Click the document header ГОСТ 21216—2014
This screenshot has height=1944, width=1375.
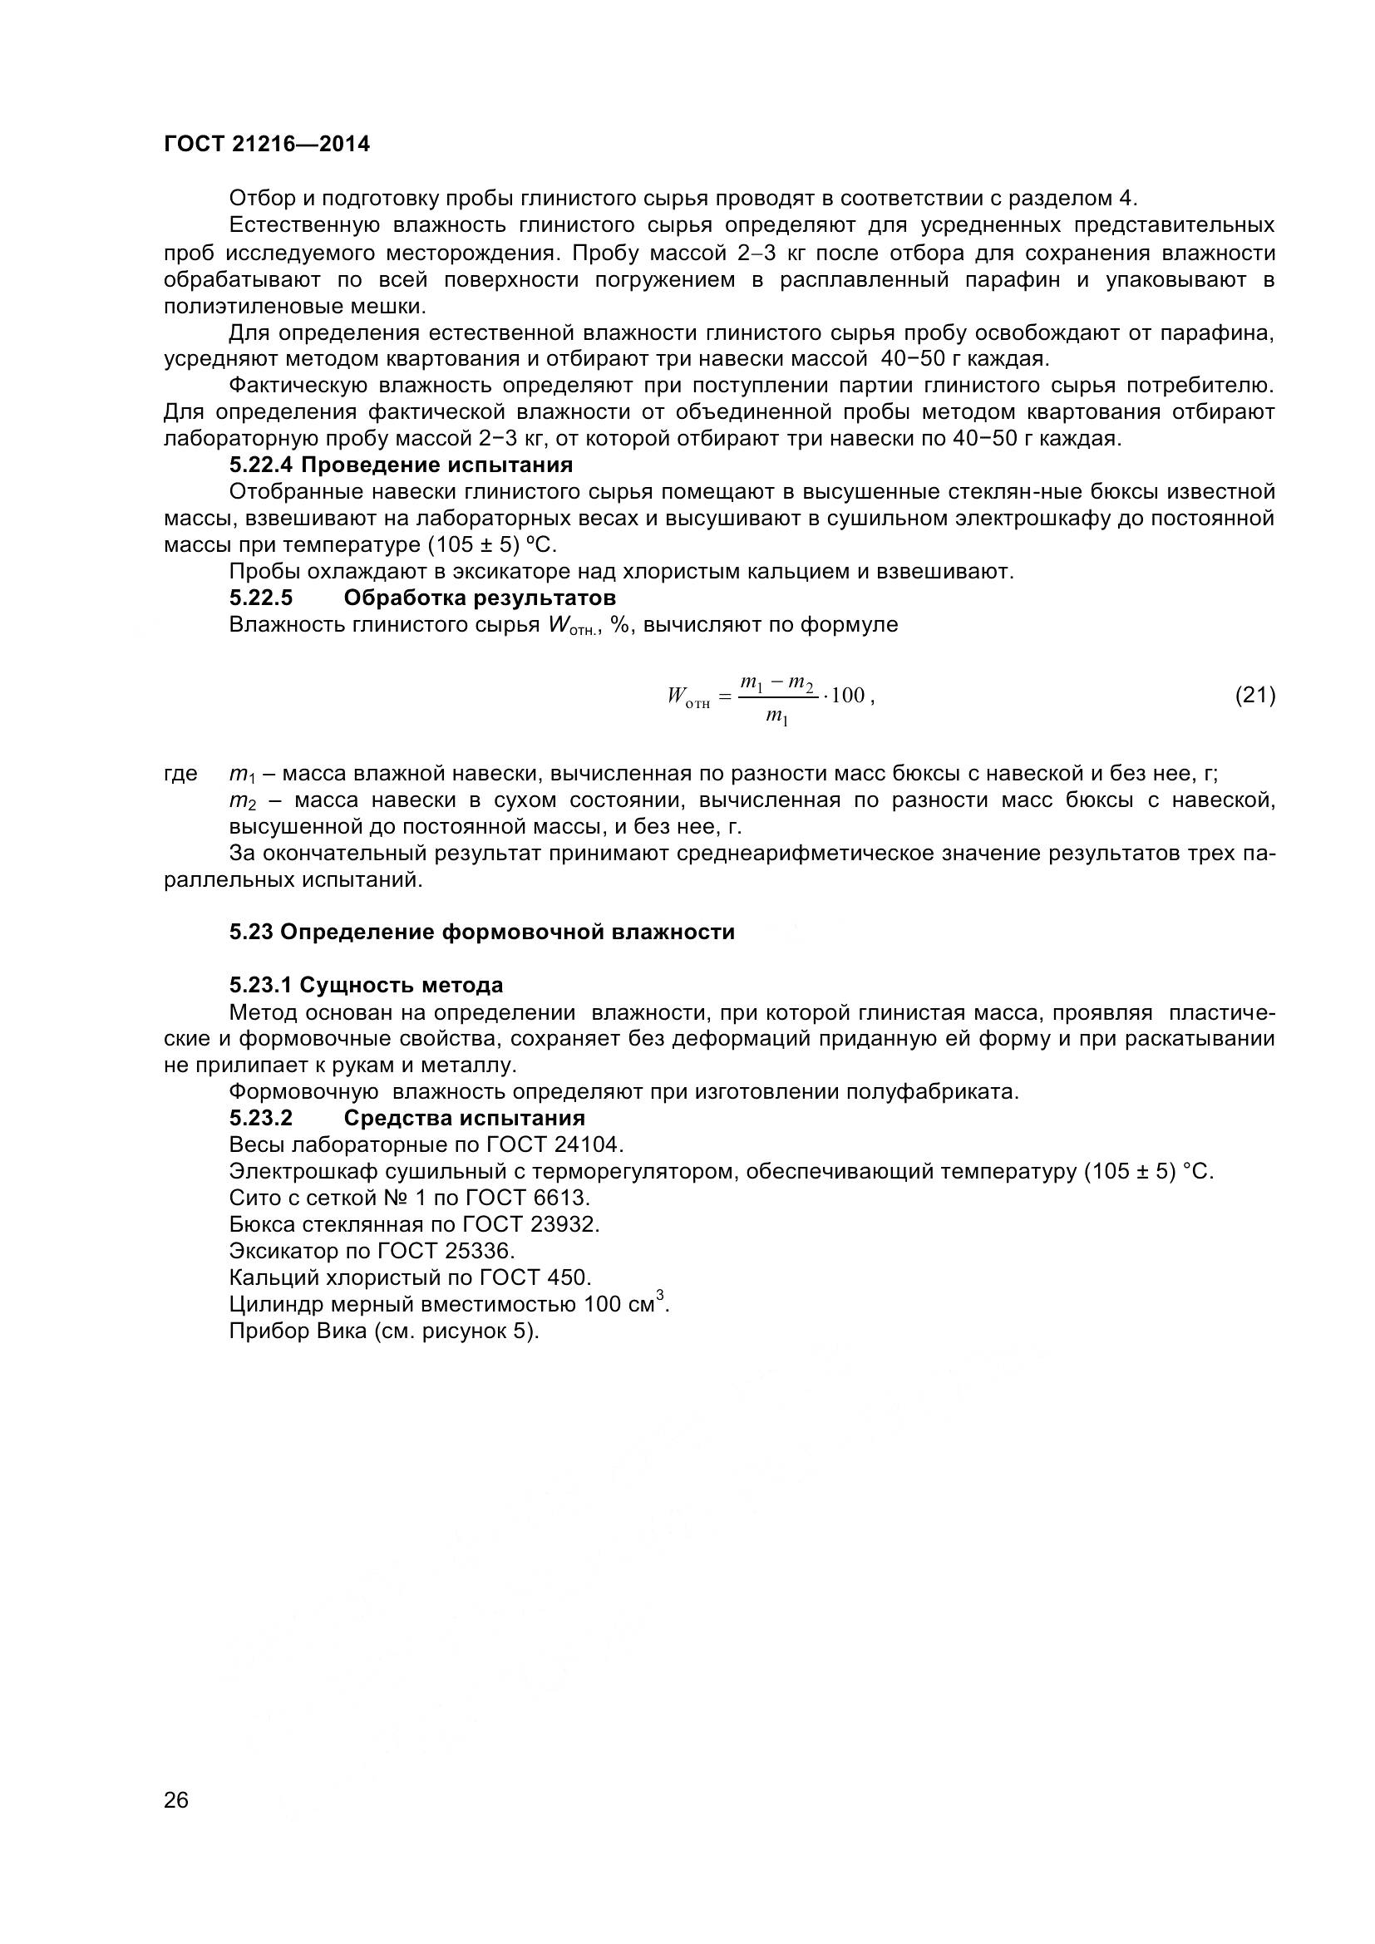point(267,145)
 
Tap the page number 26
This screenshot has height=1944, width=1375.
point(176,1823)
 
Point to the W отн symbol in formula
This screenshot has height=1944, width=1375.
point(687,697)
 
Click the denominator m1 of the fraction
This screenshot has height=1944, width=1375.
point(776,717)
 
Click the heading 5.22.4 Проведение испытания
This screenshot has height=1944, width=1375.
point(401,465)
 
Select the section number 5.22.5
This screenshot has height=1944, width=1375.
point(261,598)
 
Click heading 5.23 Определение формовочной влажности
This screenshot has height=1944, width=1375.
point(482,933)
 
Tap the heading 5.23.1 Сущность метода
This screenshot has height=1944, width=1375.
point(366,985)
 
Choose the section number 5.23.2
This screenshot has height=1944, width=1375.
point(261,1119)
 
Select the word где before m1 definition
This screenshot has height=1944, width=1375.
point(180,774)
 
